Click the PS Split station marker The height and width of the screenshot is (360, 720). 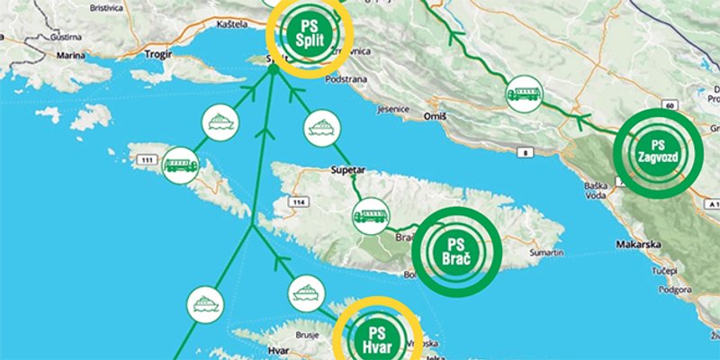tap(309, 33)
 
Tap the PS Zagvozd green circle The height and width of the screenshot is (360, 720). tap(655, 152)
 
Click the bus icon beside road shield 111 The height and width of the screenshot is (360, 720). tap(181, 165)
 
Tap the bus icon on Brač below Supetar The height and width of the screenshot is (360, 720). tap(370, 216)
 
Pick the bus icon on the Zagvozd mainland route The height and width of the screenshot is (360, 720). tap(524, 94)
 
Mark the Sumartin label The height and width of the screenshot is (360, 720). tap(545, 255)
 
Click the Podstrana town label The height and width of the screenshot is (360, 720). tap(345, 78)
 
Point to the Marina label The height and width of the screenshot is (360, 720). tap(70, 55)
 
